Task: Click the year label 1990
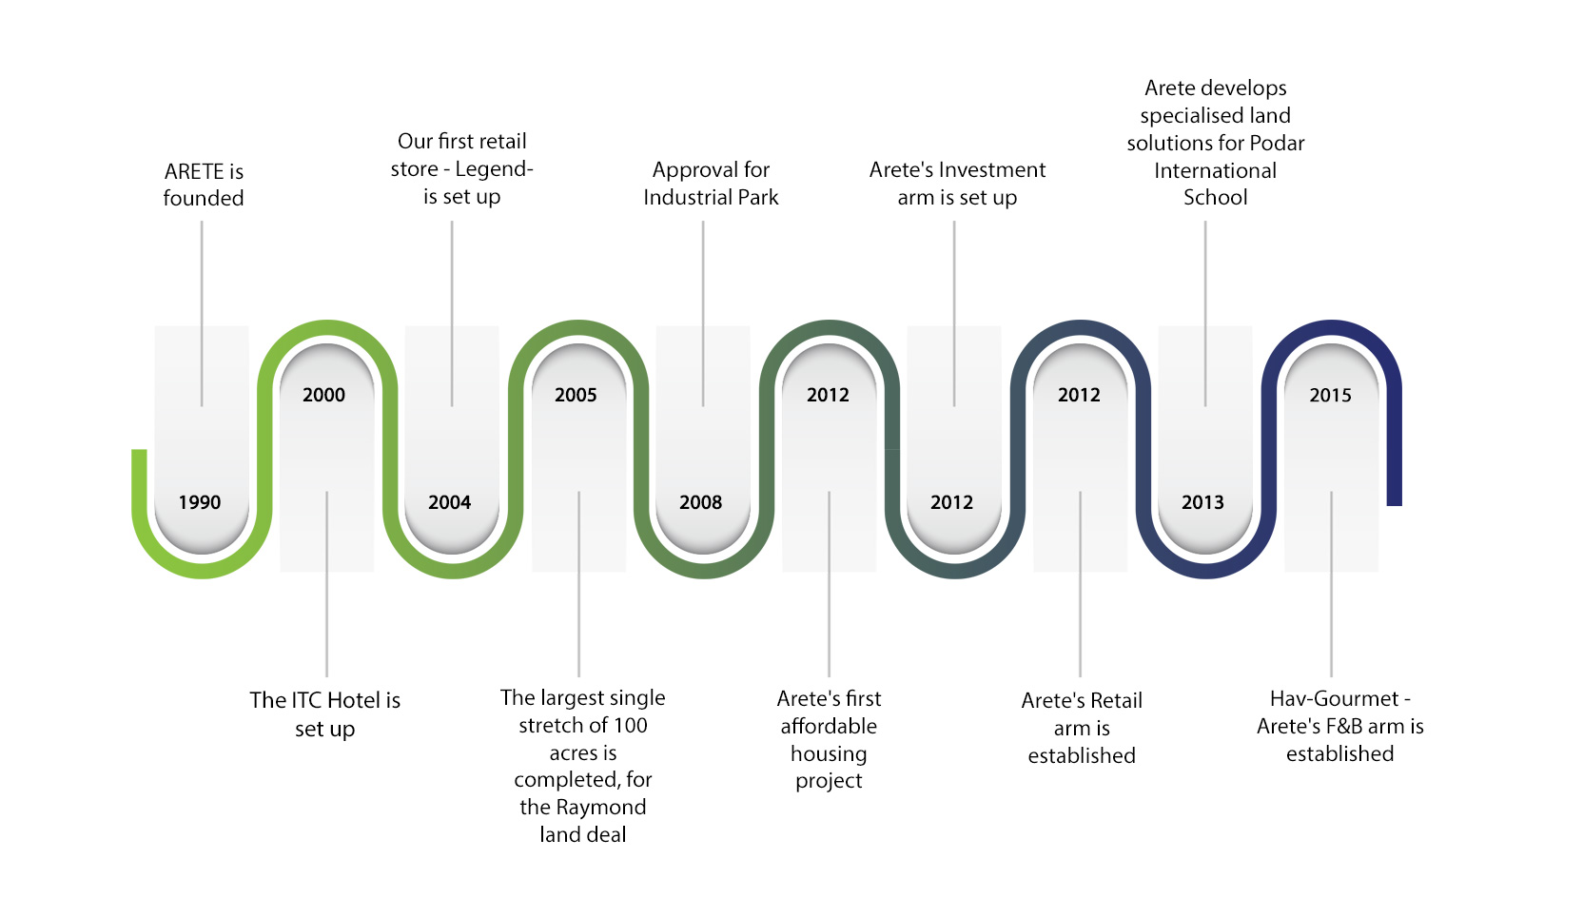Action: (200, 502)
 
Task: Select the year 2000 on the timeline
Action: (323, 395)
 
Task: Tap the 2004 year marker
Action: (449, 502)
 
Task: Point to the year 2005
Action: (576, 395)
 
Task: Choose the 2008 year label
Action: (700, 502)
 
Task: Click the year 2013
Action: (1202, 502)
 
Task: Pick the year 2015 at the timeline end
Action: (1330, 395)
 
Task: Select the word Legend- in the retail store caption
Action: (494, 169)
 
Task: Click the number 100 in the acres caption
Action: (630, 726)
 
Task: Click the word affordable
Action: (829, 727)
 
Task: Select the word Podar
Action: (1274, 144)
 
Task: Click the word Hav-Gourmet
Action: (1334, 699)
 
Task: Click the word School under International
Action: (1215, 198)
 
